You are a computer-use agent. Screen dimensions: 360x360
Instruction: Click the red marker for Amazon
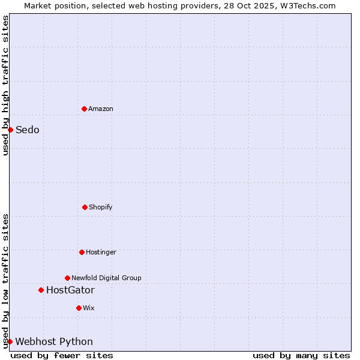coord(84,109)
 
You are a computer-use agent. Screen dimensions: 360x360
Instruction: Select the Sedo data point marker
coord(10,130)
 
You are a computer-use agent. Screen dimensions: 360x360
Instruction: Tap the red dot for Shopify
coord(85,207)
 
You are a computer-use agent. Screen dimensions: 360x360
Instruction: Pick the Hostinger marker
coord(82,252)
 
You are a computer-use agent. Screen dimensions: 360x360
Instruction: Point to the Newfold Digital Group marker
coord(67,278)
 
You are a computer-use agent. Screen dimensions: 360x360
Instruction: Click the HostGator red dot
coord(41,290)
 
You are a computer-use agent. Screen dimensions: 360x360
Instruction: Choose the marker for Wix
coord(79,308)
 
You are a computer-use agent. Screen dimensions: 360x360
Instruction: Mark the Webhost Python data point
coord(10,341)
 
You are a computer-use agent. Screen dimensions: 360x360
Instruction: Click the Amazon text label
coord(101,109)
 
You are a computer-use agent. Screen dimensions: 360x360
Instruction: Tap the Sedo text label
coord(28,130)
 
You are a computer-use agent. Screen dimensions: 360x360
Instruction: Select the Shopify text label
coord(101,207)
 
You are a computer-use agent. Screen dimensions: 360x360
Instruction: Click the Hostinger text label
coord(101,252)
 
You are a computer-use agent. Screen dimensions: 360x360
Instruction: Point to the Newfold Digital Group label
coord(107,278)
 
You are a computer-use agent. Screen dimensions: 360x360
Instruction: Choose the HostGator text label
coord(70,290)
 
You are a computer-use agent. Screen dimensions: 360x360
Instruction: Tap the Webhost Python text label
coord(54,341)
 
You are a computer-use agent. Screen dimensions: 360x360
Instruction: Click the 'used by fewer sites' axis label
coord(62,355)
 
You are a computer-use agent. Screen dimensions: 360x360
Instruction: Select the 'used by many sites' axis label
coord(301,355)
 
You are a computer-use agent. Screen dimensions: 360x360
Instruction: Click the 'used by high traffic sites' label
coord(5,85)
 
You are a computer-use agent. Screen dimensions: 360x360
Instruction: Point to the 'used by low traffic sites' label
coord(5,281)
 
